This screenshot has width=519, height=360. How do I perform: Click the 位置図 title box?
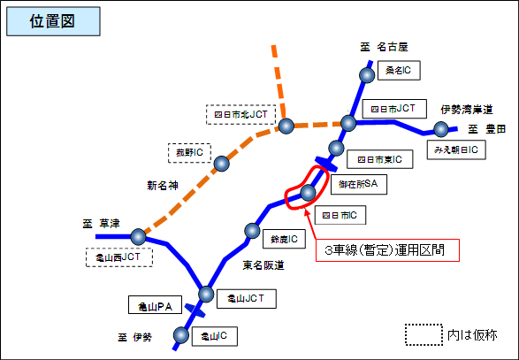click(50, 23)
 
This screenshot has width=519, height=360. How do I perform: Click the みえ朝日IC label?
click(455, 150)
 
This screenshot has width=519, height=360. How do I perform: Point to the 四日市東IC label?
click(374, 160)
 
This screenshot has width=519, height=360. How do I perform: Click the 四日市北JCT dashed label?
click(242, 113)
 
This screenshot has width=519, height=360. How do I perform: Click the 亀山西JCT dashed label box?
click(119, 257)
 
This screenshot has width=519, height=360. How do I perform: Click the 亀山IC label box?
click(216, 335)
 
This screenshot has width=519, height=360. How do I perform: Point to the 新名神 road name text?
click(163, 186)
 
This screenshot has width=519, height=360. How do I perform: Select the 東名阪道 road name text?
click(263, 265)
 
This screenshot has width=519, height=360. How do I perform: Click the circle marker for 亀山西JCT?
click(138, 236)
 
